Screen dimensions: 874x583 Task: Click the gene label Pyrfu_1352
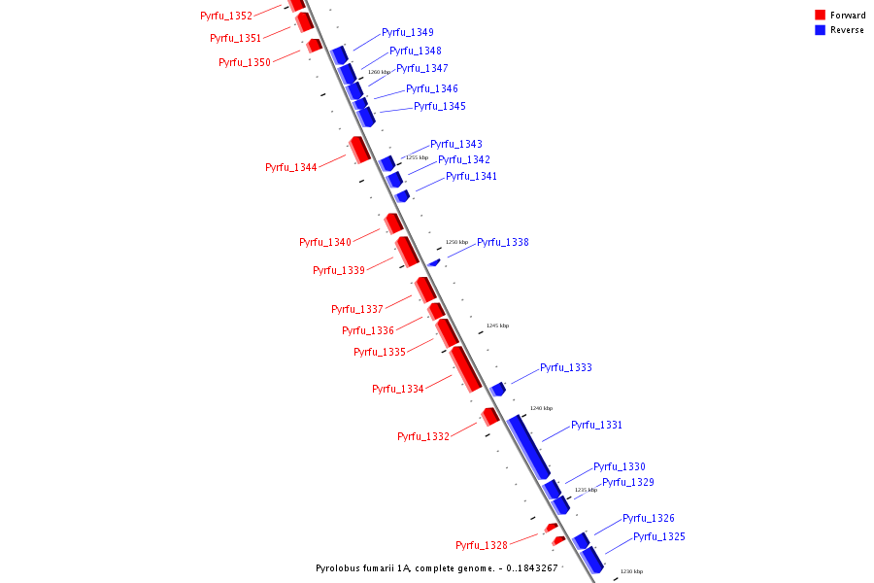pos(225,16)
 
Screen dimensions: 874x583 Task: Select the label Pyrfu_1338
pos(502,242)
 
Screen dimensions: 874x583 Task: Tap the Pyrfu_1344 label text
pos(290,167)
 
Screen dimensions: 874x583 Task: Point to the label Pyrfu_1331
pos(596,425)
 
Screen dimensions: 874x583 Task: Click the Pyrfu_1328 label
pos(481,545)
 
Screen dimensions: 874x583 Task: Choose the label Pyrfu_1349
pos(407,32)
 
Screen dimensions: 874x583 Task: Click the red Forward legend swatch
pos(821,15)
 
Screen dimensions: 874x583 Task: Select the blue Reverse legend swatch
pos(821,30)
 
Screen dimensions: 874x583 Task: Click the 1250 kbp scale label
pos(456,242)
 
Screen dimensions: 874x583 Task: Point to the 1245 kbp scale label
pos(497,326)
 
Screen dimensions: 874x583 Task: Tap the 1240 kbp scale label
pos(541,408)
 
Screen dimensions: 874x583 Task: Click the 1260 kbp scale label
pos(379,72)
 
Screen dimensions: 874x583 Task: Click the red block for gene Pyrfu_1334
pos(465,368)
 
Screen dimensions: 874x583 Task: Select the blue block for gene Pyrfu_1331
pos(528,446)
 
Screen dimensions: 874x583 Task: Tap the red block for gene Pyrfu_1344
pos(358,150)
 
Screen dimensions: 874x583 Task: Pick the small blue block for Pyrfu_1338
pos(434,261)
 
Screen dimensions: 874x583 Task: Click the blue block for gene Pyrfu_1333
pos(498,389)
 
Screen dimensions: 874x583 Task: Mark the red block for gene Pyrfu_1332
pos(490,416)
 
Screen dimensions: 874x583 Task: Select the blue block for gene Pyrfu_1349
pos(339,53)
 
